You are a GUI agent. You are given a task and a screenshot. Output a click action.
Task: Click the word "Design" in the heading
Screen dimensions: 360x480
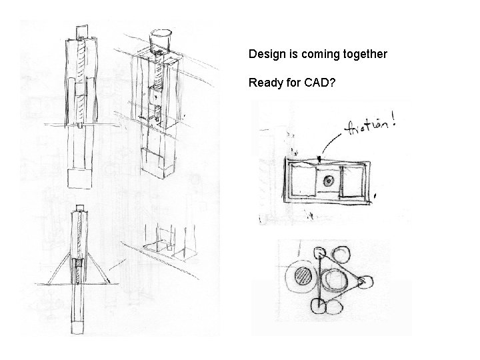pyautogui.click(x=264, y=54)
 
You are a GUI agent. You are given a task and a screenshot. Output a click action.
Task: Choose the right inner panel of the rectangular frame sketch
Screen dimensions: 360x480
pyautogui.click(x=352, y=183)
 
